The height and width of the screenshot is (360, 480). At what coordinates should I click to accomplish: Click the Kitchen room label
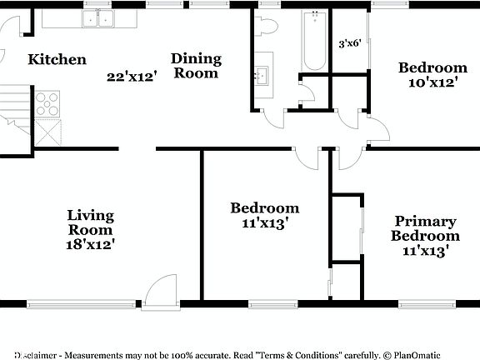pyautogui.click(x=57, y=59)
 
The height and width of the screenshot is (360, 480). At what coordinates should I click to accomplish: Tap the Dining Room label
pyautogui.click(x=197, y=65)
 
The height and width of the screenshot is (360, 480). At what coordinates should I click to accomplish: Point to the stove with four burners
pyautogui.click(x=47, y=103)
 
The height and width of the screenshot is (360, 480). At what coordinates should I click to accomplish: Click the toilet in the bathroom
pyautogui.click(x=267, y=27)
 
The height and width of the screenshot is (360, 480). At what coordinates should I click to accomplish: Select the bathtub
pyautogui.click(x=315, y=42)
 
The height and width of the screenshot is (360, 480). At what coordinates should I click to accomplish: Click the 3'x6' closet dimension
pyautogui.click(x=350, y=43)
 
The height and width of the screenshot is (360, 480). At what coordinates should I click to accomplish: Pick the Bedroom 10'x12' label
pyautogui.click(x=432, y=75)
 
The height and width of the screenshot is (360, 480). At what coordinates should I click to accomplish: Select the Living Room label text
pyautogui.click(x=90, y=222)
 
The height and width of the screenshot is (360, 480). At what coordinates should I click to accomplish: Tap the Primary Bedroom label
pyautogui.click(x=425, y=228)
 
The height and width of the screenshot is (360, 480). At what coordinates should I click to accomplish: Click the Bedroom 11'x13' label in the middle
pyautogui.click(x=264, y=215)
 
